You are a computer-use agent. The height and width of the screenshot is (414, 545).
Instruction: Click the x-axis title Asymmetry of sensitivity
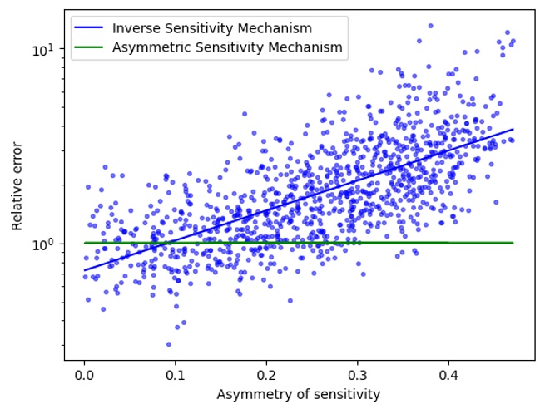click(x=299, y=395)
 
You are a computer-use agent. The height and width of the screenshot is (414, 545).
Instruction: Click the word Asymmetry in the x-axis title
click(x=248, y=395)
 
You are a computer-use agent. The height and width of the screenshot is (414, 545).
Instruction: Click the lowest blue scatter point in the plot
click(x=168, y=344)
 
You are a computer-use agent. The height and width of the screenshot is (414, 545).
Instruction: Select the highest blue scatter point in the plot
click(x=430, y=26)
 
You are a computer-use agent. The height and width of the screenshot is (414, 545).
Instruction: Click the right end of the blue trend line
click(x=513, y=129)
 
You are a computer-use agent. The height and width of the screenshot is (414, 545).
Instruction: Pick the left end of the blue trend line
click(x=84, y=270)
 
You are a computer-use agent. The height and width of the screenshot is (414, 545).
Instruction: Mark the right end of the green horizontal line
click(x=513, y=243)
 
